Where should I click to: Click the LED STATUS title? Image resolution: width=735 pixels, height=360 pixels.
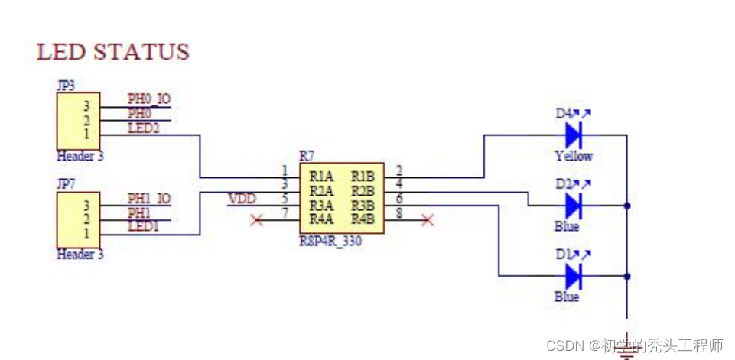tap(112, 52)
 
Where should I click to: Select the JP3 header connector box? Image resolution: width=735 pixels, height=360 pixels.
tap(78, 120)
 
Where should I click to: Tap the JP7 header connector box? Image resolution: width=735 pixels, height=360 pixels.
tap(78, 219)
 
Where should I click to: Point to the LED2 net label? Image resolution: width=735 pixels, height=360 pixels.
tap(144, 128)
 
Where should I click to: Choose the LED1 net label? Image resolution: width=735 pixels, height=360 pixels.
tap(144, 226)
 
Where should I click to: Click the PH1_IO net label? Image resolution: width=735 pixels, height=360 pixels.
tap(148, 199)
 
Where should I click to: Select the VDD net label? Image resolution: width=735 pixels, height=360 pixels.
tap(242, 199)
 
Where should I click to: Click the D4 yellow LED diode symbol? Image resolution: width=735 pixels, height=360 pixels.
tap(574, 135)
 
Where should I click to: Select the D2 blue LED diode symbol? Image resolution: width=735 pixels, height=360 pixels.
tap(574, 206)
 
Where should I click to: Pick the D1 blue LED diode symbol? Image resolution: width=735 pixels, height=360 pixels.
tap(574, 275)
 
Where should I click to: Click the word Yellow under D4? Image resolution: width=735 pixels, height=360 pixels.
tap(574, 156)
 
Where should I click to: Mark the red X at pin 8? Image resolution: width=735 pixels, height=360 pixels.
tap(428, 220)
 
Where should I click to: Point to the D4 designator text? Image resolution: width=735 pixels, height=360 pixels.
tap(564, 114)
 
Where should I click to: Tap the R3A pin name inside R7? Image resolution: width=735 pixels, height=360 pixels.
tap(320, 205)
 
